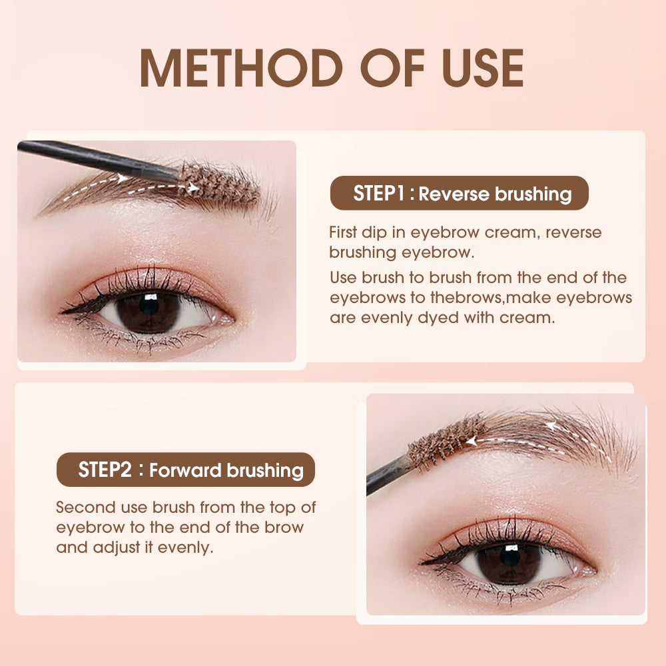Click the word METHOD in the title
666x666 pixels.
click(241, 68)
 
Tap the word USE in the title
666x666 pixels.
click(483, 68)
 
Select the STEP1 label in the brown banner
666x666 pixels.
click(379, 193)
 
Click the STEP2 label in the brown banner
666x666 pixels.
click(105, 470)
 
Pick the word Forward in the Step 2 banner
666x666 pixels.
click(185, 471)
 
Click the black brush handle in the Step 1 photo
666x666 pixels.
click(99, 160)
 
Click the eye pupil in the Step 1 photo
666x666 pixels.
click(149, 306)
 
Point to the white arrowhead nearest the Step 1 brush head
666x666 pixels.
click(193, 187)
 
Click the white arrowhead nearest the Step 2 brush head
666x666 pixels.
click(472, 442)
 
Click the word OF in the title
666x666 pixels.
click(392, 68)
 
